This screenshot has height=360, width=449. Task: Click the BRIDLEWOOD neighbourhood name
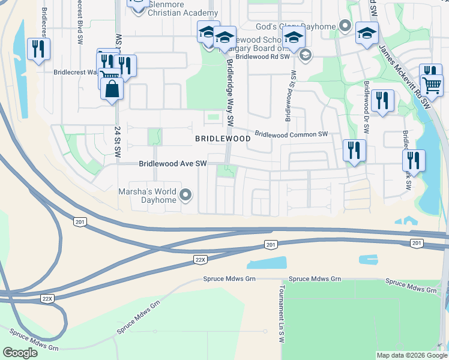[223, 139]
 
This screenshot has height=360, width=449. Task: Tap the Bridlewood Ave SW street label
[173, 163]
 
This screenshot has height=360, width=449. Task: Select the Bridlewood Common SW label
[292, 134]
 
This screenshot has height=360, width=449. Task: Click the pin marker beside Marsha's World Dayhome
[185, 194]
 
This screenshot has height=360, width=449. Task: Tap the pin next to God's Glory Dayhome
[345, 26]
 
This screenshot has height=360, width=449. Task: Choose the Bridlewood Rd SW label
[263, 56]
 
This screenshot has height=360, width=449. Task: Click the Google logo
[20, 353]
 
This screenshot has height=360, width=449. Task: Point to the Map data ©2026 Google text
[411, 355]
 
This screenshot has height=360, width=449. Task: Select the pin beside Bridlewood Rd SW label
[305, 56]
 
